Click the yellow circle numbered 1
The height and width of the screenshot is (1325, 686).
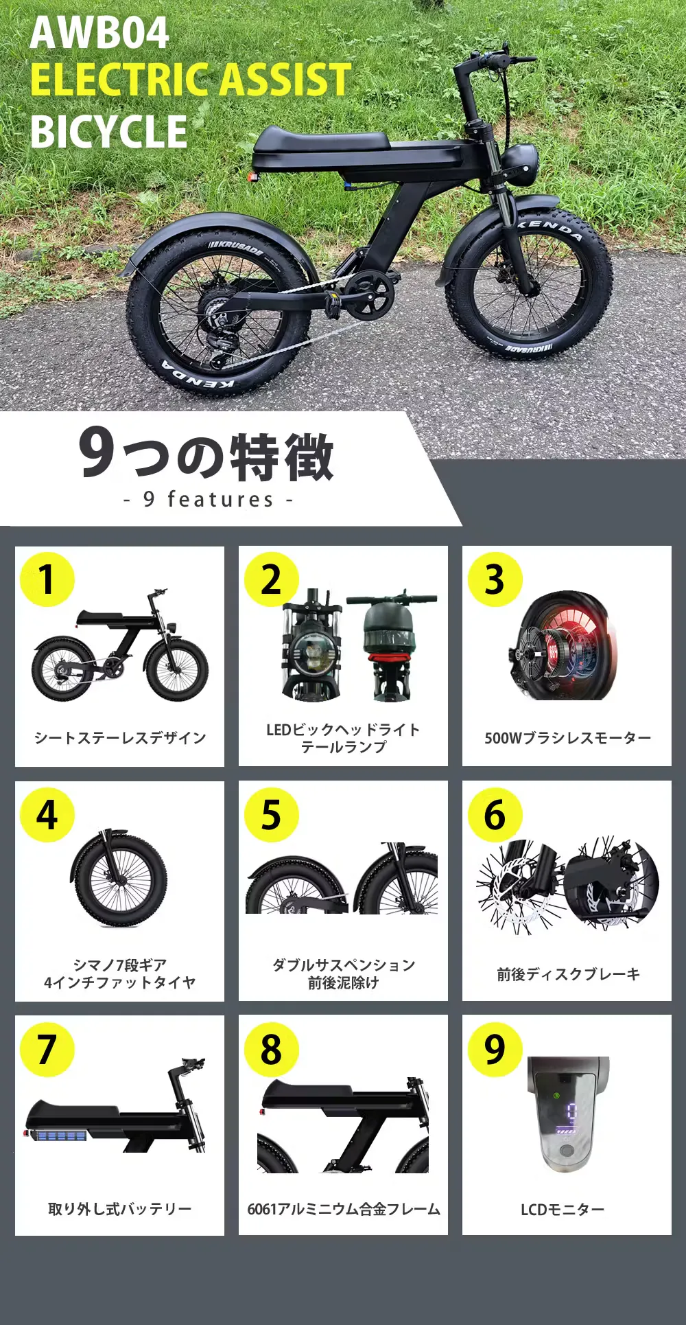pos(47,579)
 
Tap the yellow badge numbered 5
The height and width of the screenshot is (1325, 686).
pos(272,814)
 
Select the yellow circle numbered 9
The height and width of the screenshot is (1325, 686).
pos(495,1049)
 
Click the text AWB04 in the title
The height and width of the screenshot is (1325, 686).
pos(99,32)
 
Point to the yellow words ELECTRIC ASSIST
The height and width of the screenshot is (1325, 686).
pos(191,80)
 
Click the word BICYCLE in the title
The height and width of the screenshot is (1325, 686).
pos(108,131)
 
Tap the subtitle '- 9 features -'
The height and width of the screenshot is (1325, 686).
pos(209,499)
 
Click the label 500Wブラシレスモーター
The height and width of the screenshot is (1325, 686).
pos(567,738)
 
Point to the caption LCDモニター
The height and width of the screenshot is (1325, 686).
pos(563,1210)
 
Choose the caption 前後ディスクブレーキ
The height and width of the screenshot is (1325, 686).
pos(568,974)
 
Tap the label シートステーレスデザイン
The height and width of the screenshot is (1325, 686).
pos(120,738)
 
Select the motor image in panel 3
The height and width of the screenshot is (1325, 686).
pos(563,645)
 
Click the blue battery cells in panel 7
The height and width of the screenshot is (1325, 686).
pos(62,1136)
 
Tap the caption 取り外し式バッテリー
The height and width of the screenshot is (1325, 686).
pos(120,1209)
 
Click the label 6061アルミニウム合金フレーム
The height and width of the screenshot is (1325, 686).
pos(344,1209)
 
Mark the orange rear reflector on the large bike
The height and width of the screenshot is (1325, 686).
pos(252,176)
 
